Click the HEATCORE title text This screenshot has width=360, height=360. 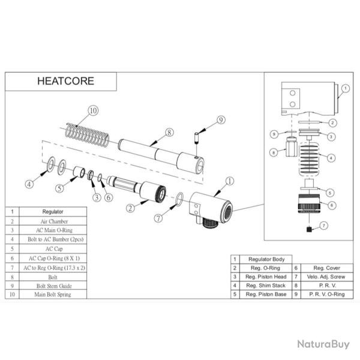(65, 81)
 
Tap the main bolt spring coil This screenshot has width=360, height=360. (87, 136)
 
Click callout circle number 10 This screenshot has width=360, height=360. (93, 110)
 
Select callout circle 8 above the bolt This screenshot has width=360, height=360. (169, 133)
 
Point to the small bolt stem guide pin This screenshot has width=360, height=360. (197, 137)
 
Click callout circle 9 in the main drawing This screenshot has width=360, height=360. (221, 120)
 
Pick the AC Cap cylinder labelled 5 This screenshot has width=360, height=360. (79, 172)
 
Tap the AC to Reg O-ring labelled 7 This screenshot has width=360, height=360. (179, 199)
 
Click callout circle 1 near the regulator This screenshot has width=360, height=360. (230, 181)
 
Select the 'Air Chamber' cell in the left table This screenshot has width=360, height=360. (53, 221)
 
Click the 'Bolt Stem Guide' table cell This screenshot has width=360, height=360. (53, 286)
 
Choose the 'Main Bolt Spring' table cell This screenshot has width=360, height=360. (53, 295)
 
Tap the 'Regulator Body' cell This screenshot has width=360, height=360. (266, 259)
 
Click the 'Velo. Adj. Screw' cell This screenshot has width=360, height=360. (327, 277)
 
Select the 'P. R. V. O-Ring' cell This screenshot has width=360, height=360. (327, 294)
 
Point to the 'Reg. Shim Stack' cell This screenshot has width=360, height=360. (266, 286)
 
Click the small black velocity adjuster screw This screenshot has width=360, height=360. (309, 229)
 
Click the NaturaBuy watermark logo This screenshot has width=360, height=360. (323, 344)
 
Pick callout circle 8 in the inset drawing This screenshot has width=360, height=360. (274, 152)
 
